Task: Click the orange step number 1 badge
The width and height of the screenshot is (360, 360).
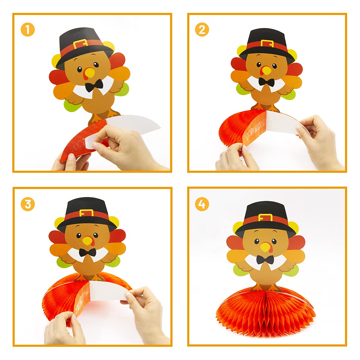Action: pos(28,29)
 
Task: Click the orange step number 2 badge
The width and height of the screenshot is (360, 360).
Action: pos(202,29)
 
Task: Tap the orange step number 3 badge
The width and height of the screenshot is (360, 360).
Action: pos(28,204)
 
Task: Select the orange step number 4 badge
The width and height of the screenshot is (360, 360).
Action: pos(202,204)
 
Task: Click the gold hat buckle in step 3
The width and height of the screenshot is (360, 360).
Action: pos(86,213)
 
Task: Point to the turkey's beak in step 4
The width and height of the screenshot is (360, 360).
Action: pos(265,247)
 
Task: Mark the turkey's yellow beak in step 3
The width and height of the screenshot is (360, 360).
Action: pos(87,240)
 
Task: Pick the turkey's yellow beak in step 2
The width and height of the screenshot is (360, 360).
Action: pos(266,70)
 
